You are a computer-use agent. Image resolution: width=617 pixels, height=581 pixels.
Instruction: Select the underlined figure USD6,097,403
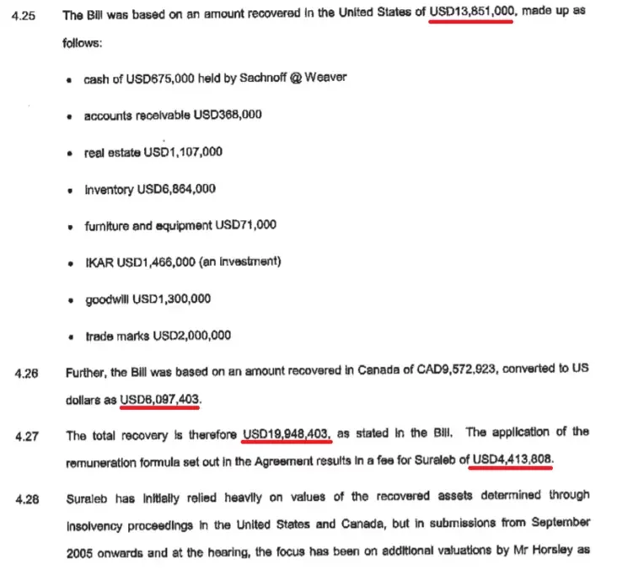(x=161, y=397)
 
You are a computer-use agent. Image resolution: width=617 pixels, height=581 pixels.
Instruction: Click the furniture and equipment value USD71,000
(x=246, y=225)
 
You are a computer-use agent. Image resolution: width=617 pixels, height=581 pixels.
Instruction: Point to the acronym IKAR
(x=99, y=261)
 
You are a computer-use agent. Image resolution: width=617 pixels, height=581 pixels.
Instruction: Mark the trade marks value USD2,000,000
(x=193, y=335)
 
